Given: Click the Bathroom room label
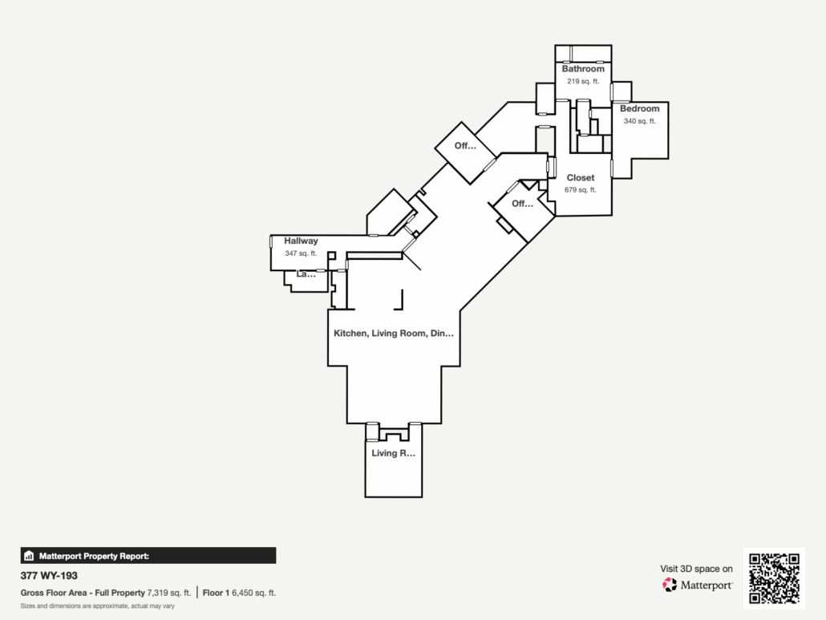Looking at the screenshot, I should point(583,69).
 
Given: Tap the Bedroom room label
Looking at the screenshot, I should point(639,108).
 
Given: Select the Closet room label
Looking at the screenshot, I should point(581,178).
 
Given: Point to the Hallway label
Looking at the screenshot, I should point(301,241).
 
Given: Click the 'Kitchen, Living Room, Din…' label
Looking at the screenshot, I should point(394,333).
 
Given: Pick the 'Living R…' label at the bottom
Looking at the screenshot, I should point(393,453).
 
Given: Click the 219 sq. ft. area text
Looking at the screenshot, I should point(583,81).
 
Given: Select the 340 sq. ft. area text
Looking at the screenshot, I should point(639,121).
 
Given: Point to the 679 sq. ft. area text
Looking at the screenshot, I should point(581,190).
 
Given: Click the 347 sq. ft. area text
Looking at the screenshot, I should point(301,253).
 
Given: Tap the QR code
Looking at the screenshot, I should point(773,578).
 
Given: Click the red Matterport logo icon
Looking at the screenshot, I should point(670,585).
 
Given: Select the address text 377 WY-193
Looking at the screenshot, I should point(49,576).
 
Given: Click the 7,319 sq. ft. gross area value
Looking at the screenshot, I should point(169,593).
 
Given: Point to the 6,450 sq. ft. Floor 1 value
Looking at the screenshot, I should point(253,593).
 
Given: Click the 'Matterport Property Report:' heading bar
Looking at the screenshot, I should point(148,555).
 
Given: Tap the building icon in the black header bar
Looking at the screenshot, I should point(29,555).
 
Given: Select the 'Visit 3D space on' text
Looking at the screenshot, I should point(696,569).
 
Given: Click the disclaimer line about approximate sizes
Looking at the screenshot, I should point(97,606).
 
